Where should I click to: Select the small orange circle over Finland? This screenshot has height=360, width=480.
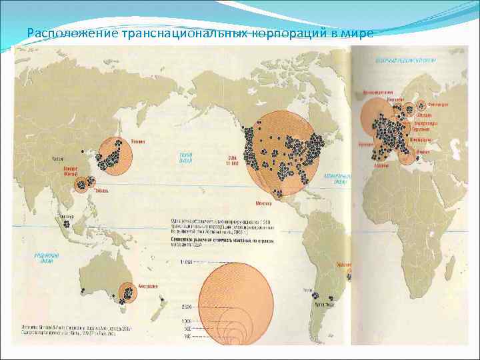pyautogui.click(x=421, y=106)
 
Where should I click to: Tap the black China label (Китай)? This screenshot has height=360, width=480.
pyautogui.click(x=59, y=158)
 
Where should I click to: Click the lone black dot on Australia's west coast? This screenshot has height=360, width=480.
pyautogui.click(x=83, y=291)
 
